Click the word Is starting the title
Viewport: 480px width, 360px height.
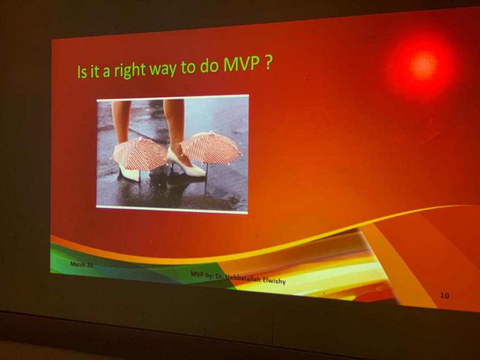(x=82, y=72)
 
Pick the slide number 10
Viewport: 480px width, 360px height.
(x=444, y=295)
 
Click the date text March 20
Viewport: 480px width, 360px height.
(x=82, y=264)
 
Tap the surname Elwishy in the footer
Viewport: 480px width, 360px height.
(x=274, y=280)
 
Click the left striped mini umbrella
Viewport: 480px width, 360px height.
(x=139, y=154)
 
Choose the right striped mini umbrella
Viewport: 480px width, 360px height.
(x=210, y=147)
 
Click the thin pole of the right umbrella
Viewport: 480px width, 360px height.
(x=206, y=179)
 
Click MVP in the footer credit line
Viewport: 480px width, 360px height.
(x=197, y=274)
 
